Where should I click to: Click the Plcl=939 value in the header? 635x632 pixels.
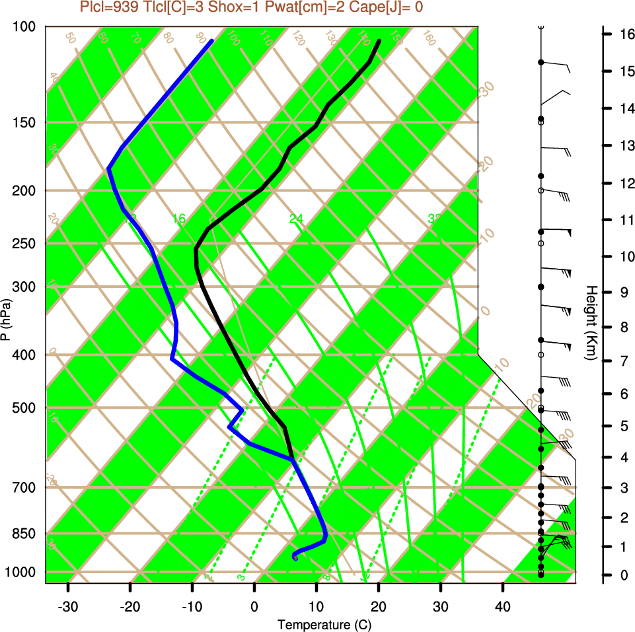tap(108, 7)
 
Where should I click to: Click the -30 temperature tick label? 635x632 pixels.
tap(68, 606)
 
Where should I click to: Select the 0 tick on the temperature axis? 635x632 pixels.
tap(254, 606)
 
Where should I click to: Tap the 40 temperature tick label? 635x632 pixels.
tap(503, 606)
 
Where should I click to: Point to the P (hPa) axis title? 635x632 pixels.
tap(6, 320)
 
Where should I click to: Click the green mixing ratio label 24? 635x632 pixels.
tap(295, 219)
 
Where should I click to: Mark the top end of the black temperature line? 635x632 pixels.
tap(379, 41)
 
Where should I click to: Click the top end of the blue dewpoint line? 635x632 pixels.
tap(211, 41)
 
